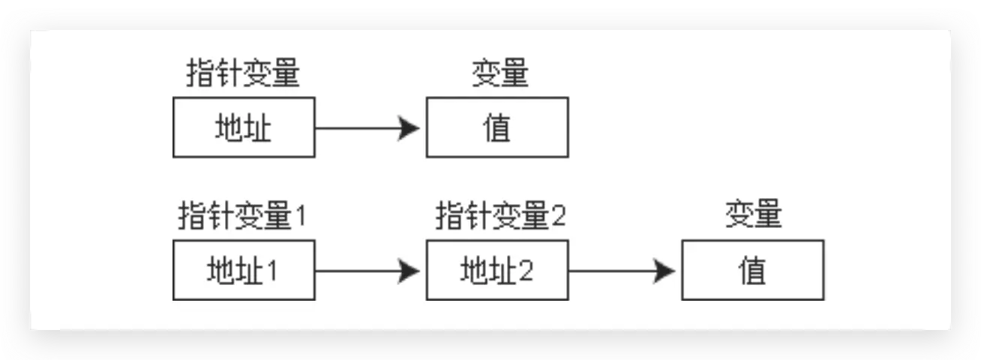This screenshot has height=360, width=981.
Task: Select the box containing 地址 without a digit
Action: pos(244,127)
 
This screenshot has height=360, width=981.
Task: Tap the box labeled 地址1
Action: pos(244,270)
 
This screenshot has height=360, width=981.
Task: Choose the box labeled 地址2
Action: pos(497,270)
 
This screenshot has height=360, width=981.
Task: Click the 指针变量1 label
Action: pos(243,217)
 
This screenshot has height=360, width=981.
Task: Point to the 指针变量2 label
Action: pos(501,217)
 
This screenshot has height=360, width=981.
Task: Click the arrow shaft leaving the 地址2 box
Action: pos(612,270)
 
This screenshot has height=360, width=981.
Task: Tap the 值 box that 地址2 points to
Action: pos(752,270)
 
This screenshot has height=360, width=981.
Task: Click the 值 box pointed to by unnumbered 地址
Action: pos(497,127)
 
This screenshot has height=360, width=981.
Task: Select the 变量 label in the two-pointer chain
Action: pos(754,217)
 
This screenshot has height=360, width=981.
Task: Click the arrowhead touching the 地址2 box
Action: pos(409,270)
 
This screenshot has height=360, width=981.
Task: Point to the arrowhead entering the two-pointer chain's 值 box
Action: pos(664,270)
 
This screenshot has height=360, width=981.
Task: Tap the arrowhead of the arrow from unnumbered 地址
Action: pos(409,127)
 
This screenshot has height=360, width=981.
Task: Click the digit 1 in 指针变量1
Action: pos(300,217)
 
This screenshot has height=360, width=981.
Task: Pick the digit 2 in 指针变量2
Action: pos(558,217)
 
